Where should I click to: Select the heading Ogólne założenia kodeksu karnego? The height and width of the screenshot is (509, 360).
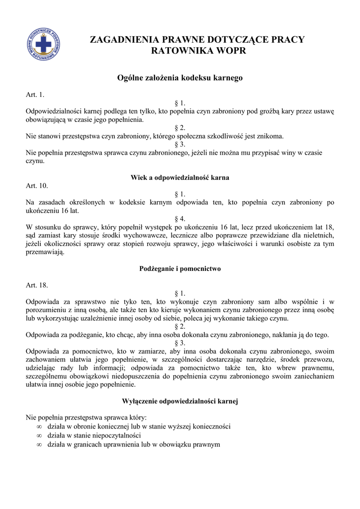180,78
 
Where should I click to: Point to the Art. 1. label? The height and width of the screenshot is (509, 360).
35,94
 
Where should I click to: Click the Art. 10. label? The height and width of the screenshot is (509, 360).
37,185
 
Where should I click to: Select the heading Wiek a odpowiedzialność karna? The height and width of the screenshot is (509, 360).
180,177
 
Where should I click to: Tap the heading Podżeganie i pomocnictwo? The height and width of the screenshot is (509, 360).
180,268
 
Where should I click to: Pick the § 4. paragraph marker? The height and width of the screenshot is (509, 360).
180,219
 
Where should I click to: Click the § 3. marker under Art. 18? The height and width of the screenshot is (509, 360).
180,343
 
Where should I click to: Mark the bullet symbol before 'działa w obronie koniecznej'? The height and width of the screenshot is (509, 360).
39,426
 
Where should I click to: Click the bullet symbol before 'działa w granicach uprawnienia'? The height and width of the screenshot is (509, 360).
39,444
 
